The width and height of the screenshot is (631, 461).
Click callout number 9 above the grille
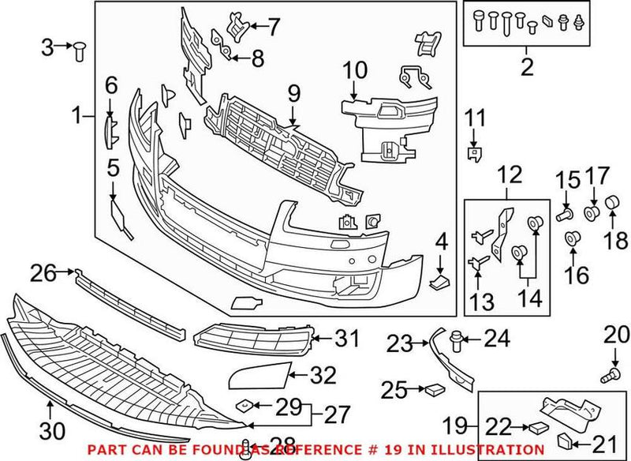click(294, 93)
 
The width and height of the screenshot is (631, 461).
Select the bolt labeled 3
click(79, 51)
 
